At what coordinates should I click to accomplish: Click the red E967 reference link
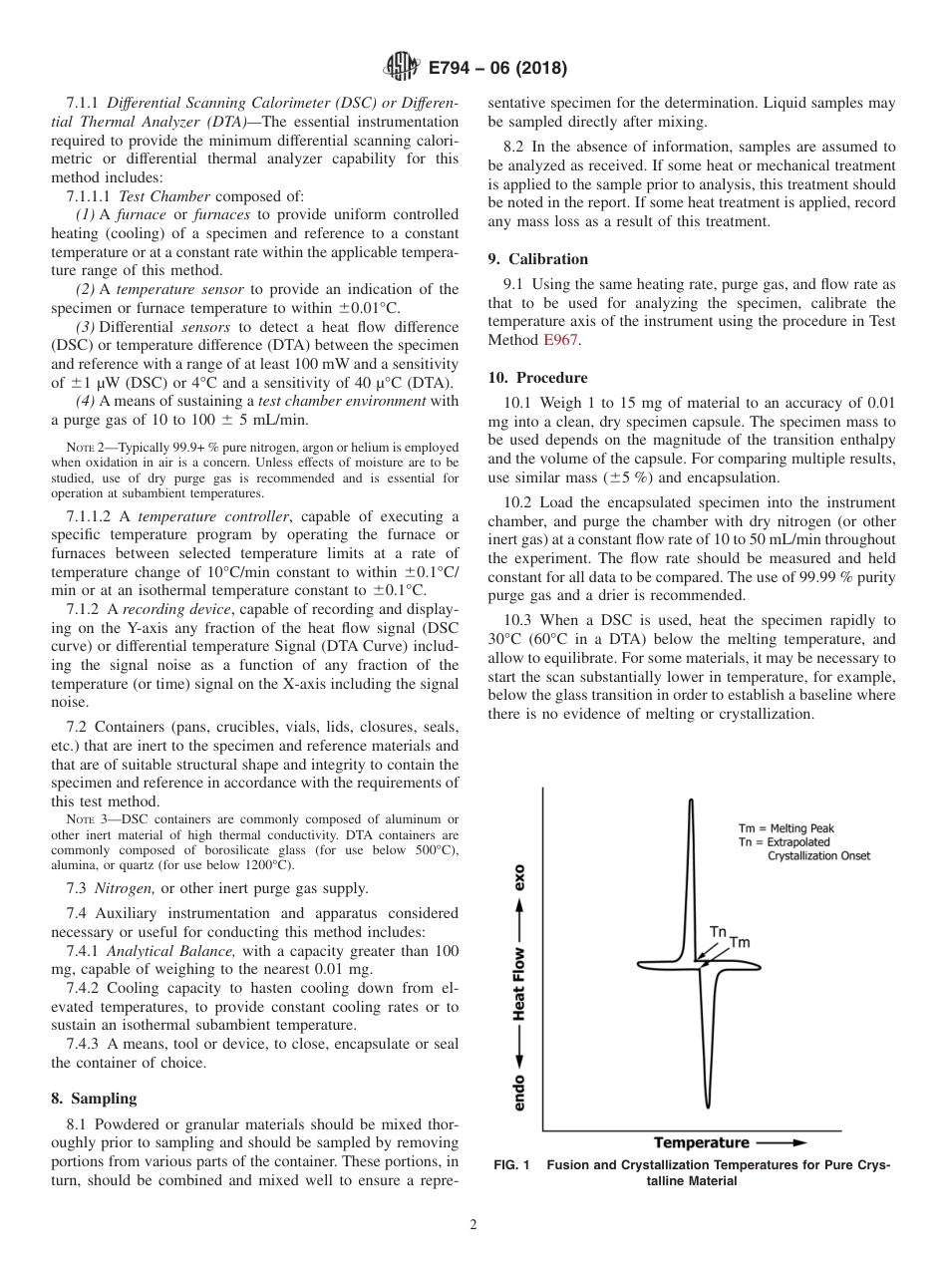click(560, 340)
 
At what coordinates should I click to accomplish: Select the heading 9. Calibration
click(538, 259)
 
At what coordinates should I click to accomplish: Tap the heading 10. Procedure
click(537, 378)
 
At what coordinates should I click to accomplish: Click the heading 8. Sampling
click(94, 1099)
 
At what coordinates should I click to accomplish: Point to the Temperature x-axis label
click(702, 1142)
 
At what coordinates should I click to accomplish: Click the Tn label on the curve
click(718, 931)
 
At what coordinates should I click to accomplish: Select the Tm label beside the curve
click(740, 942)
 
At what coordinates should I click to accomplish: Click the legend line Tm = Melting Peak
click(786, 828)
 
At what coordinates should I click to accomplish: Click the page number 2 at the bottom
click(473, 1225)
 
